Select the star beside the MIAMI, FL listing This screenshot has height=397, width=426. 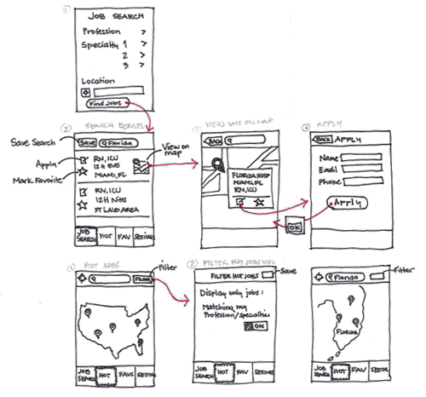[83, 172]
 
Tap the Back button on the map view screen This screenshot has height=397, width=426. [215, 141]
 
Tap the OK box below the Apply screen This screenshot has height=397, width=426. [295, 228]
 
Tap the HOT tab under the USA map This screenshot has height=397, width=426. [105, 372]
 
